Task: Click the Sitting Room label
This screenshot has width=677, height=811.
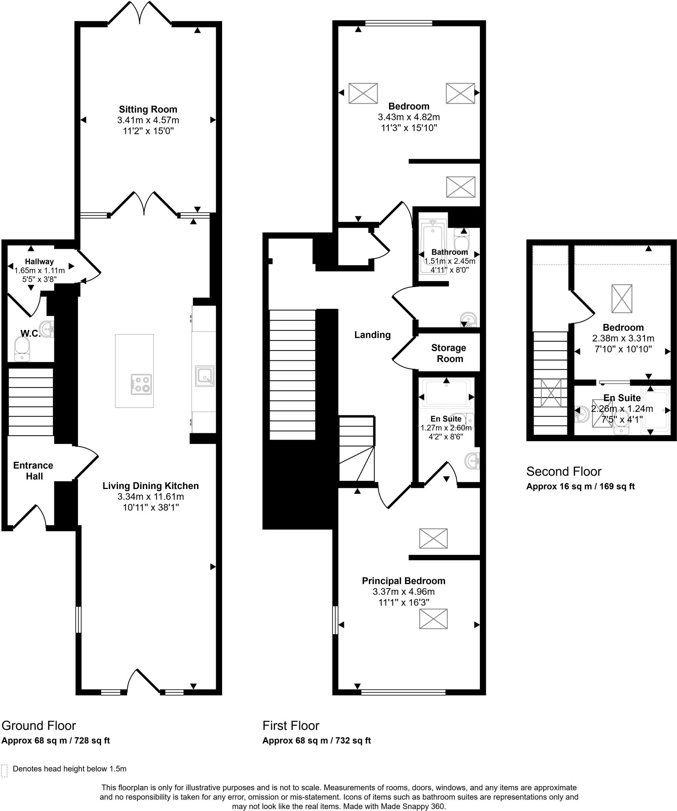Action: (x=148, y=109)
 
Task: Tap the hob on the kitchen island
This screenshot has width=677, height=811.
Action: (x=141, y=384)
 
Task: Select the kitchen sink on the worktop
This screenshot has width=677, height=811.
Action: (x=205, y=376)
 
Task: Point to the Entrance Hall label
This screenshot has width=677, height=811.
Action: (x=34, y=471)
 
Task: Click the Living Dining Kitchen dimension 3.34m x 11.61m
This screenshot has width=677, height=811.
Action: (x=150, y=497)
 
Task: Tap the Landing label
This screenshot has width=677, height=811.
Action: (x=372, y=335)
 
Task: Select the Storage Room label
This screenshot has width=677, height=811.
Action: (x=449, y=353)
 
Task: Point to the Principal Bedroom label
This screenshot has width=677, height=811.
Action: (x=403, y=581)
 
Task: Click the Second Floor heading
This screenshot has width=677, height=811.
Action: (x=564, y=471)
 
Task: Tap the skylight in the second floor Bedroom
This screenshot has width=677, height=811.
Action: (x=622, y=299)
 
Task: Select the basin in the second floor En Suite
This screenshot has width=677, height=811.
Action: (x=582, y=414)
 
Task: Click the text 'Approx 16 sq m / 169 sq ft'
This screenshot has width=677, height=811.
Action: (x=580, y=487)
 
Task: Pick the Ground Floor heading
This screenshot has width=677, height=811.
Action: (x=39, y=725)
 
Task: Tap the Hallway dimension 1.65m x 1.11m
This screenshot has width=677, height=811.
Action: (x=39, y=270)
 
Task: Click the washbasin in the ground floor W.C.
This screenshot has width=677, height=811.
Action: (x=49, y=329)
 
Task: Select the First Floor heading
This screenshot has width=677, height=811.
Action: (x=291, y=725)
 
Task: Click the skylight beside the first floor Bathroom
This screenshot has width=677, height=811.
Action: (x=460, y=187)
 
